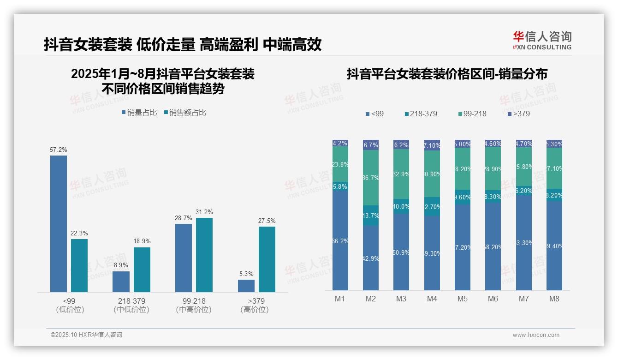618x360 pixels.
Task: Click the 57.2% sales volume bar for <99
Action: coord(59,223)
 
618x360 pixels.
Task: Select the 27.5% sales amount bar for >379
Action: coord(267,259)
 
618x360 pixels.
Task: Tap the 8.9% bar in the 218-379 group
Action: coord(121,282)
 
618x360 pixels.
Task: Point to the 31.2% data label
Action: coord(204,212)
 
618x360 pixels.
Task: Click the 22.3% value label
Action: coord(79,234)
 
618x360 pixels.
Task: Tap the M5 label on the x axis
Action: coord(463,299)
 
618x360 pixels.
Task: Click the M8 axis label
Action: coord(554,299)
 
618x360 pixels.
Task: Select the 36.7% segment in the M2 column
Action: coord(371,178)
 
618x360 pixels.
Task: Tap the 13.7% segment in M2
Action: coord(371,216)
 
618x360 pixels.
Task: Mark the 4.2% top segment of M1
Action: coord(340,143)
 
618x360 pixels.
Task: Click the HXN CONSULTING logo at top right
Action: coord(542,41)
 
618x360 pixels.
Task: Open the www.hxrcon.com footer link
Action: coord(536,335)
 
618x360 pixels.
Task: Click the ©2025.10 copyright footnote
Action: coord(86,335)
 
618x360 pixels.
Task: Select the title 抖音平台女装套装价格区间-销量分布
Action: coord(447,74)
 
